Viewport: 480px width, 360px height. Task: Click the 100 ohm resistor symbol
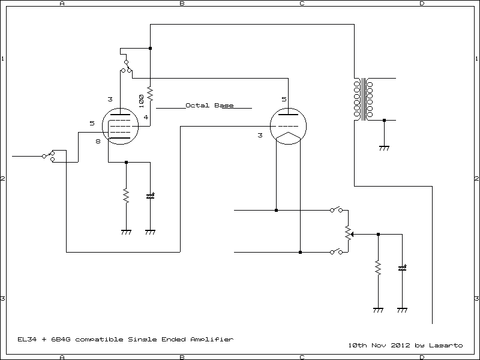click(x=150, y=95)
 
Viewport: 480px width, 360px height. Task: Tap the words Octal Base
click(x=209, y=105)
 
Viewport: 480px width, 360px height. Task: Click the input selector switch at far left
click(x=49, y=156)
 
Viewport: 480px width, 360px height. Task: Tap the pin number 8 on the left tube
click(x=98, y=141)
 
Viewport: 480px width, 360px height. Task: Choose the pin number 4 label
click(x=146, y=116)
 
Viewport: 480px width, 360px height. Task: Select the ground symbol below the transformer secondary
click(x=384, y=147)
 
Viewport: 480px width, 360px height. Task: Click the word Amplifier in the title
click(x=212, y=340)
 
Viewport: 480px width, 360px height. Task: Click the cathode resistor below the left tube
click(x=126, y=196)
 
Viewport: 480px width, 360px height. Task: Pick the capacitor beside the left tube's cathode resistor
click(x=150, y=196)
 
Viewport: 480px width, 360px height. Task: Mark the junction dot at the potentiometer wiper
click(x=378, y=234)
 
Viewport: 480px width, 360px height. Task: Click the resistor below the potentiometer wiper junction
click(x=378, y=268)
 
